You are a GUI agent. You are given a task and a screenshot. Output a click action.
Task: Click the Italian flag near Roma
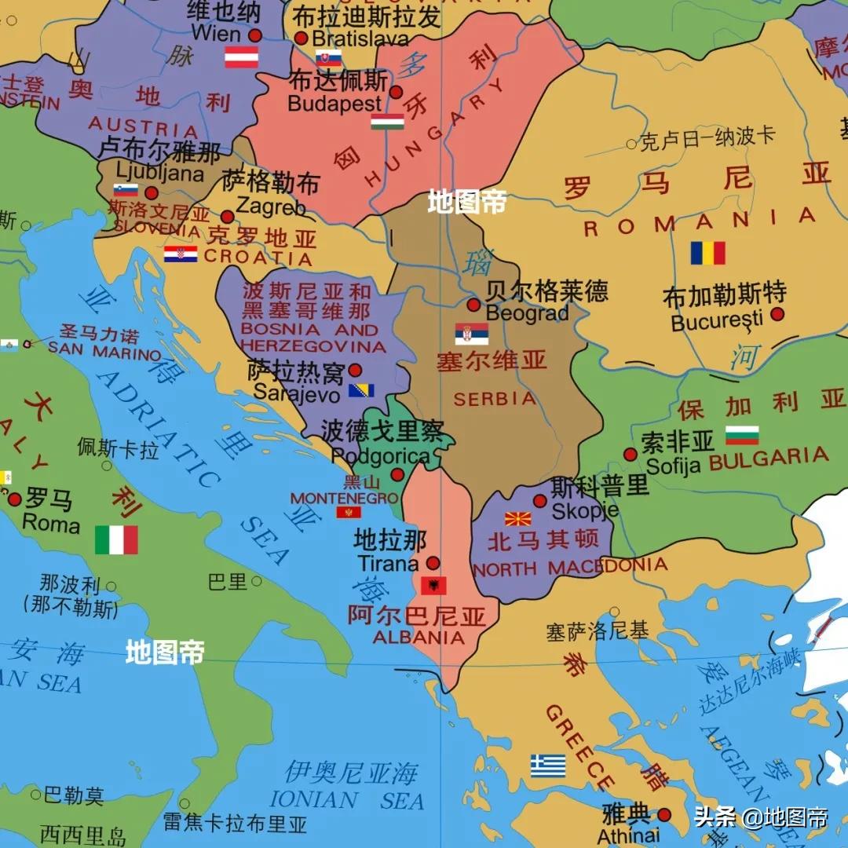point(116,540)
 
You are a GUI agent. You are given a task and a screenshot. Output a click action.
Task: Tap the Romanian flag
point(707,253)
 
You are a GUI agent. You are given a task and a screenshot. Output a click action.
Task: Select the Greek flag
point(547,766)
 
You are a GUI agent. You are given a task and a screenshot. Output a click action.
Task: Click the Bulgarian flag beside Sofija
point(742,435)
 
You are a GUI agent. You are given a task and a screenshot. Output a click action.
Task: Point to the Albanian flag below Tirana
point(433,585)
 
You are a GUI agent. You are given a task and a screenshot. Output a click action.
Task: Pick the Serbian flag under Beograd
point(471,334)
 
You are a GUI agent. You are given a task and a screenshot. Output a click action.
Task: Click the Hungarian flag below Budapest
point(387,121)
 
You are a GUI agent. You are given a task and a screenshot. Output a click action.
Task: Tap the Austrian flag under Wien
point(241,57)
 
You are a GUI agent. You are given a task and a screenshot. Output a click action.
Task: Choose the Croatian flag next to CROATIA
point(181,254)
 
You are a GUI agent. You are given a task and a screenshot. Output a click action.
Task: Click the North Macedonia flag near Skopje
point(517,519)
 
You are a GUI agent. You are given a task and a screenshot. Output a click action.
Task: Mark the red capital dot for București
point(777,314)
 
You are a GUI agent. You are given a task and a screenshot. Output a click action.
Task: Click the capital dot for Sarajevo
point(355,370)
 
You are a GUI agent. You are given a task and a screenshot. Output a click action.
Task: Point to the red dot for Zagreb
point(227,217)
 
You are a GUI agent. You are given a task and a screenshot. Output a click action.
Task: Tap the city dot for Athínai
point(664,815)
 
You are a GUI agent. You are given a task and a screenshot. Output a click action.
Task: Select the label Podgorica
point(380,456)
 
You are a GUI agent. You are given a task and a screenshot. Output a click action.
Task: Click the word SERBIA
point(495,399)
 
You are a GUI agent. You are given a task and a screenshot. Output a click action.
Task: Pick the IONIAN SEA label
point(346,800)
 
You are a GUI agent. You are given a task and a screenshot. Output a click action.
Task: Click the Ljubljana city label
point(159,173)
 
